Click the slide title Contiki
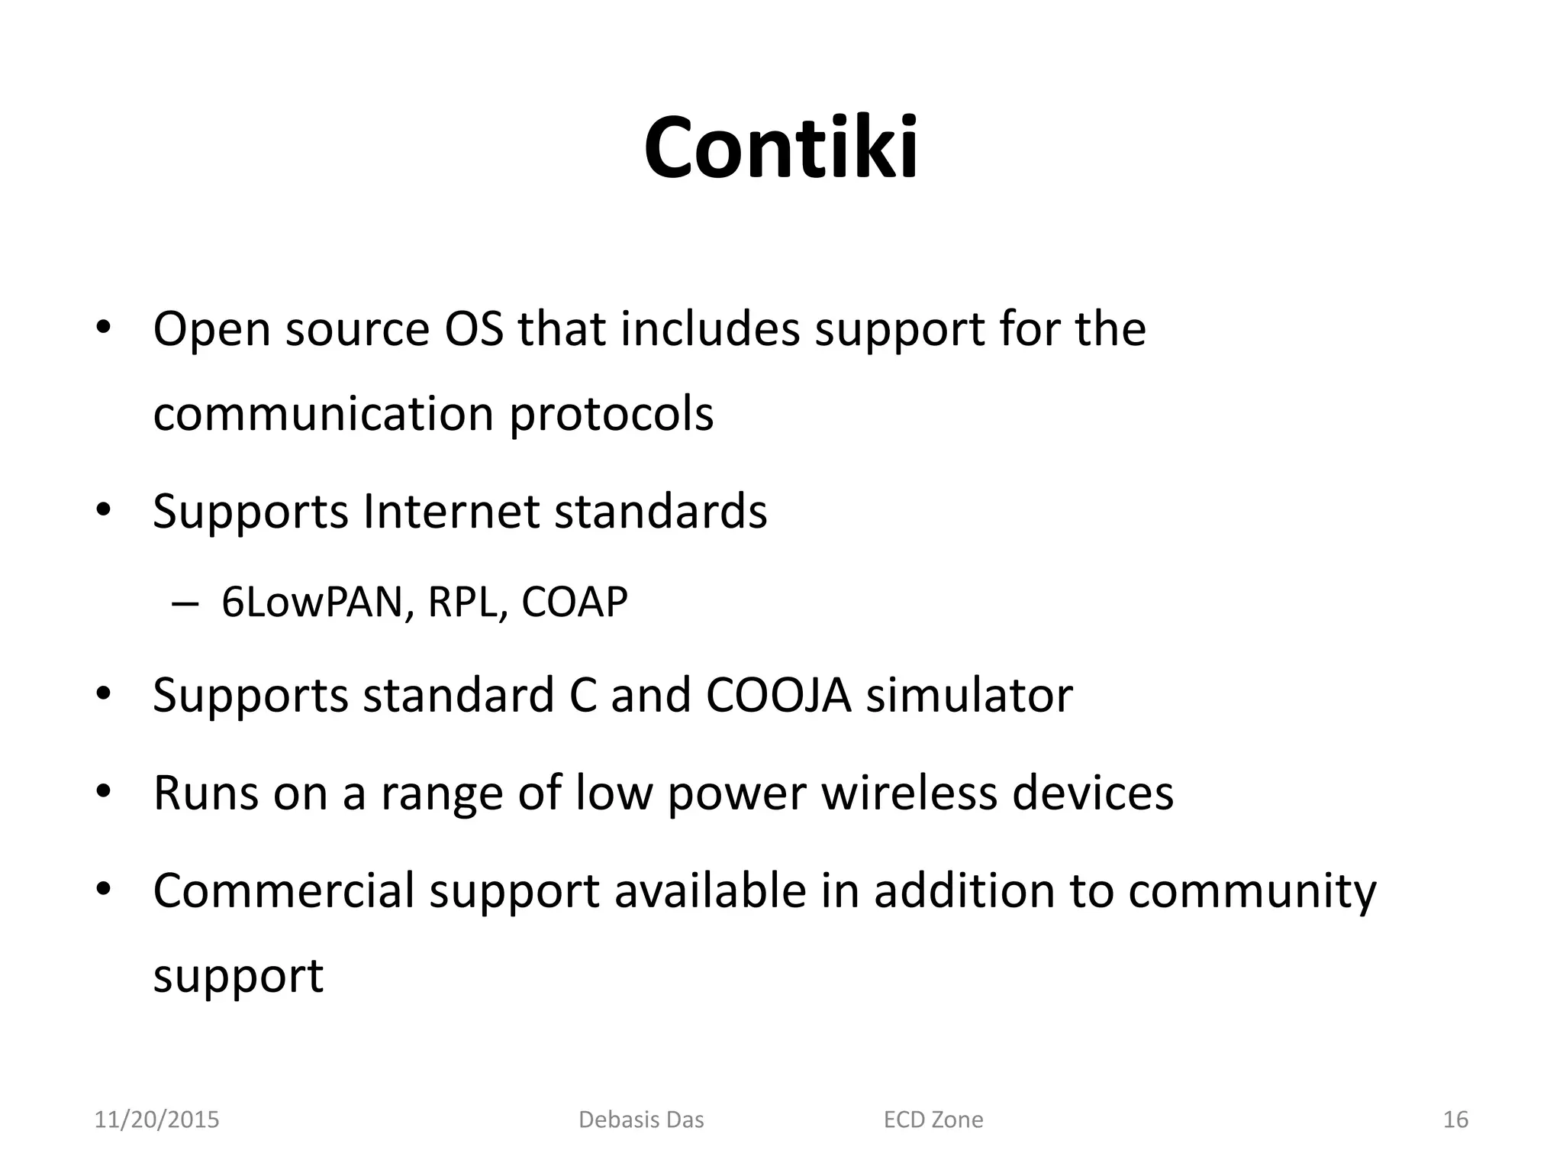pyautogui.click(x=781, y=147)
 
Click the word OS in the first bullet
pyautogui.click(x=473, y=329)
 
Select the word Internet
pyautogui.click(x=451, y=511)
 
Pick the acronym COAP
pyautogui.click(x=574, y=602)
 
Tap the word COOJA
pyautogui.click(x=778, y=695)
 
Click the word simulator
pyautogui.click(x=968, y=695)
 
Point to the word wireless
pyautogui.click(x=909, y=793)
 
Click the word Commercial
pyautogui.click(x=283, y=890)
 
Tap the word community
pyautogui.click(x=1252, y=892)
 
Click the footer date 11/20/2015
pyautogui.click(x=156, y=1120)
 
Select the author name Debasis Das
pyautogui.click(x=641, y=1120)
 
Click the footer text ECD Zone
pyautogui.click(x=933, y=1120)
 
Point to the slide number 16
pyautogui.click(x=1455, y=1120)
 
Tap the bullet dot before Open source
pyautogui.click(x=104, y=329)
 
